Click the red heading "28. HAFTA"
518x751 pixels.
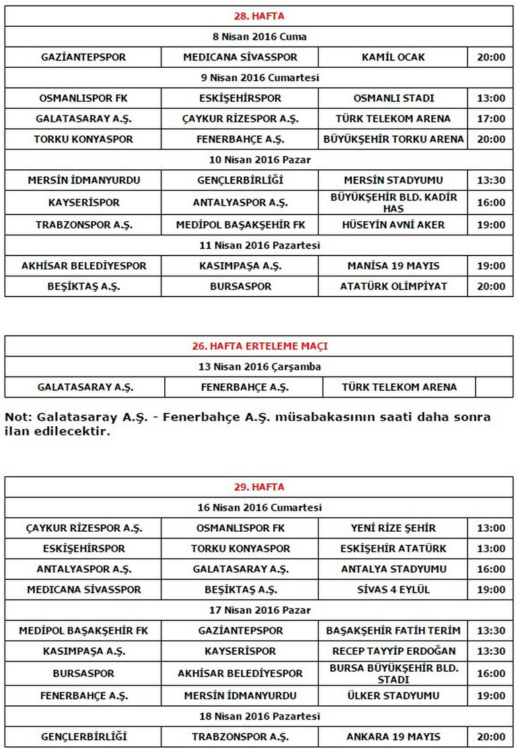click(259, 16)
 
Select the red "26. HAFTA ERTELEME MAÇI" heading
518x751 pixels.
click(259, 346)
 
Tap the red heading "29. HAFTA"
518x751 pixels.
click(259, 487)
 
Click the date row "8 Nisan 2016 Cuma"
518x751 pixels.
click(259, 37)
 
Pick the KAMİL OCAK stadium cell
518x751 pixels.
click(393, 57)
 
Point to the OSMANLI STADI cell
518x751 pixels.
click(393, 98)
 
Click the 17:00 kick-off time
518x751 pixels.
click(490, 119)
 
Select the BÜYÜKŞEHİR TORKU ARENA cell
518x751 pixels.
click(393, 139)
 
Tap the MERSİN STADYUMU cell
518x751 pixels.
click(393, 180)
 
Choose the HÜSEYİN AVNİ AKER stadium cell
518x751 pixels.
click(393, 225)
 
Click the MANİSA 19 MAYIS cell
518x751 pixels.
click(393, 266)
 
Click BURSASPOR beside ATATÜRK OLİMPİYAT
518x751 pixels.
click(239, 286)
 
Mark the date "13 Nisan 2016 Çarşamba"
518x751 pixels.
click(259, 367)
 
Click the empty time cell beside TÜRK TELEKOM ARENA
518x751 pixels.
click(494, 387)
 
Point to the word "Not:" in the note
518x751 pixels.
click(18, 417)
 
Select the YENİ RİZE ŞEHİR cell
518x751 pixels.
click(393, 528)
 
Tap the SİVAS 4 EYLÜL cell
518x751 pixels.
click(393, 590)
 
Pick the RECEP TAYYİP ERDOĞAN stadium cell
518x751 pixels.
click(393, 651)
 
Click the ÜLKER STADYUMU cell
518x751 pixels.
click(393, 696)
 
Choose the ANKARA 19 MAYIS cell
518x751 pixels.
click(393, 737)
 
